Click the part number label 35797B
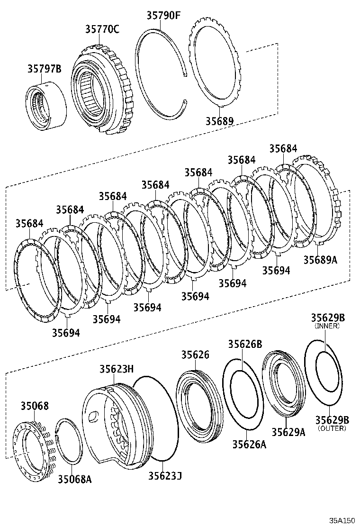tap(44, 69)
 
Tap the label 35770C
tap(102, 29)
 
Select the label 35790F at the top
tap(163, 15)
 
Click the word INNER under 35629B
tap(327, 326)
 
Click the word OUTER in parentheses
tap(332, 428)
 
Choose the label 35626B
tap(245, 344)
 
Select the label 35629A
tap(288, 432)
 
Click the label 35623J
tap(165, 474)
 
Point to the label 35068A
tap(74, 479)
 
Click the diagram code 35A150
tap(342, 520)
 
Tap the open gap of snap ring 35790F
tap(185, 88)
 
